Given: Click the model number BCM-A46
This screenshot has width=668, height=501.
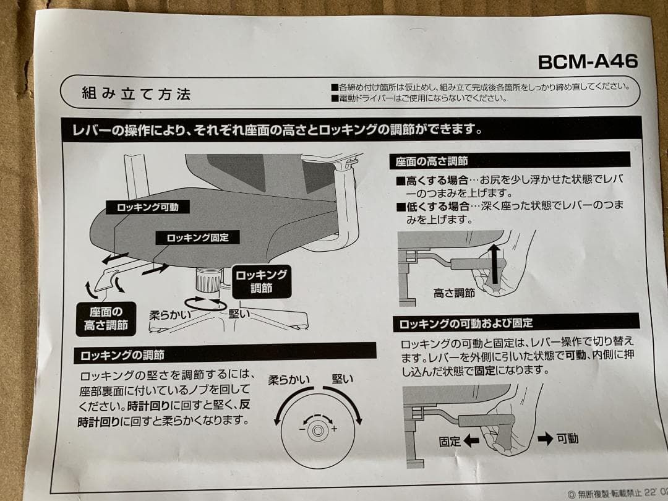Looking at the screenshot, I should coord(587,62).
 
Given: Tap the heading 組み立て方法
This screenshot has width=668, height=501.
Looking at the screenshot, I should coord(136,94).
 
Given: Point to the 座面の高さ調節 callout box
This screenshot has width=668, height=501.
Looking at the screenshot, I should coord(106,319).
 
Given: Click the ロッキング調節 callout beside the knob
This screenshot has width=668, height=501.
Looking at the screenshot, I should coord(260,281).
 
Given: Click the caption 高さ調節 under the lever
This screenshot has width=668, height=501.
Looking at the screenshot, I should coord(455,293).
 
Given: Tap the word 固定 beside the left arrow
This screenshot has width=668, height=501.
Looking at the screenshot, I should coord(450,441).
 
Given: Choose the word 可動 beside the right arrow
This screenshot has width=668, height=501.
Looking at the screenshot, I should coord(567,439).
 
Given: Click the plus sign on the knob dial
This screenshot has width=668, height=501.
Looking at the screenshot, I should coord(335,429).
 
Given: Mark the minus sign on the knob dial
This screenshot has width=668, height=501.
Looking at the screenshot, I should coord(301,428).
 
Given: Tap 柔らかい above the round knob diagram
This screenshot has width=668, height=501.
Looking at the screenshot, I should coord(288,380).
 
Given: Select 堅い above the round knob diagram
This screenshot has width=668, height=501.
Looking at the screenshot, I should coord(342,379).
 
